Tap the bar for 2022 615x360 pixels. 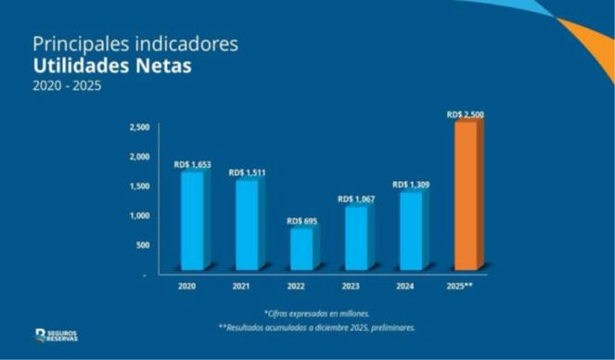pos(301,249)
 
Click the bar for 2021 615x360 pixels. pos(247,225)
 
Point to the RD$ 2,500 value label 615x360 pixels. pos(465,114)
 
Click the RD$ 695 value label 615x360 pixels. pos(301,221)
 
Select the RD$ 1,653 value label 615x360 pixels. pos(193,164)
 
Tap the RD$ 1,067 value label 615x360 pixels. pos(356,199)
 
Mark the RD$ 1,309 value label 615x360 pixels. pos(410,185)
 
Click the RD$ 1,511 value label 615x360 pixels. pos(248,173)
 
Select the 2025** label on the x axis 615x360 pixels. pos(465,286)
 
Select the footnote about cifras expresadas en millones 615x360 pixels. pos(315,314)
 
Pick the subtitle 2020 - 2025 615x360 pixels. pos(66,86)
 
